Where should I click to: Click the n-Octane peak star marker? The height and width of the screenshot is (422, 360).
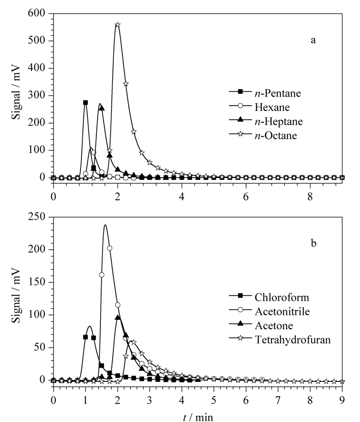(x=117, y=25)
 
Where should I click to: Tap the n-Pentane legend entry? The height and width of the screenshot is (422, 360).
(x=265, y=93)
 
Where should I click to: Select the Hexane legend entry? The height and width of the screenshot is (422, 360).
(x=260, y=107)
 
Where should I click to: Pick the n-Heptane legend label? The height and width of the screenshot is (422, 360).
(x=279, y=121)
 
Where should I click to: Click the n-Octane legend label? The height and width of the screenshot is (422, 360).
(x=276, y=135)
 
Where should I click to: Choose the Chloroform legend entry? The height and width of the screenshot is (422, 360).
(x=269, y=297)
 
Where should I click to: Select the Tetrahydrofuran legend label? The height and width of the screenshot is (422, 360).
(x=292, y=340)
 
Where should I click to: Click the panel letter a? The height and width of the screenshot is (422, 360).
(x=313, y=40)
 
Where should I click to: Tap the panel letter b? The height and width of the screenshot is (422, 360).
(x=313, y=243)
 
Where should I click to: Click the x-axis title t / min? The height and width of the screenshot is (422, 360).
(x=198, y=417)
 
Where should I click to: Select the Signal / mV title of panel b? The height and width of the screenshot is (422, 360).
(x=17, y=295)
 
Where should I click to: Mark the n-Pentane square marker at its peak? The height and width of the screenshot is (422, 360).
(x=85, y=103)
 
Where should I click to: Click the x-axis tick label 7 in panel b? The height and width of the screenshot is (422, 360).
(x=278, y=401)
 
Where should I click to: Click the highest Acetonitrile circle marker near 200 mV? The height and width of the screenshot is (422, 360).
(x=110, y=248)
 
